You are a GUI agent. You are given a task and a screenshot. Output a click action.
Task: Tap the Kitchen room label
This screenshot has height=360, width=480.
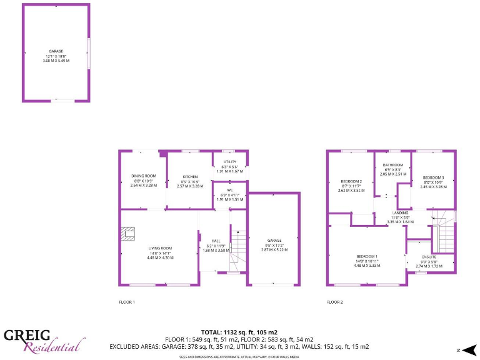pos(190,176)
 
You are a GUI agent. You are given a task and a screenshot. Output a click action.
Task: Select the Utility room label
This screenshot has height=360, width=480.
pos(229,162)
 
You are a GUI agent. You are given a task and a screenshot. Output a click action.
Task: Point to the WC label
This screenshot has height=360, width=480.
pos(229,190)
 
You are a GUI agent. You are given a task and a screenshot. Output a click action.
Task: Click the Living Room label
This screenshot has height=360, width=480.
pos(160,248)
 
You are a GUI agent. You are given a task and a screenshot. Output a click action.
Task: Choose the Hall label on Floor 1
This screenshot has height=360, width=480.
pos(216,241)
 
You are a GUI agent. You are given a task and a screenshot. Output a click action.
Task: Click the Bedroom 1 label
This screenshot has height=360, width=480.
pos(367,256)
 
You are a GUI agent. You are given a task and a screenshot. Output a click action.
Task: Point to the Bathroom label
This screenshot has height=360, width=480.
pos(393,165)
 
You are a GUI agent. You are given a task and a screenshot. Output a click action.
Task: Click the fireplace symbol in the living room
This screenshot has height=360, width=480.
pos(128,233)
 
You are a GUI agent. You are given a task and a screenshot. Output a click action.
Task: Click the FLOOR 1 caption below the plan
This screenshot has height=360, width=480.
pos(127,302)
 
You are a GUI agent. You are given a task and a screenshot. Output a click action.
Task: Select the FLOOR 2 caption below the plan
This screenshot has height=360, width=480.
pos(334,302)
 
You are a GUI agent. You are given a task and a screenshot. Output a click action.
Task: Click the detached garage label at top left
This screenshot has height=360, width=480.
pos(56,51)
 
